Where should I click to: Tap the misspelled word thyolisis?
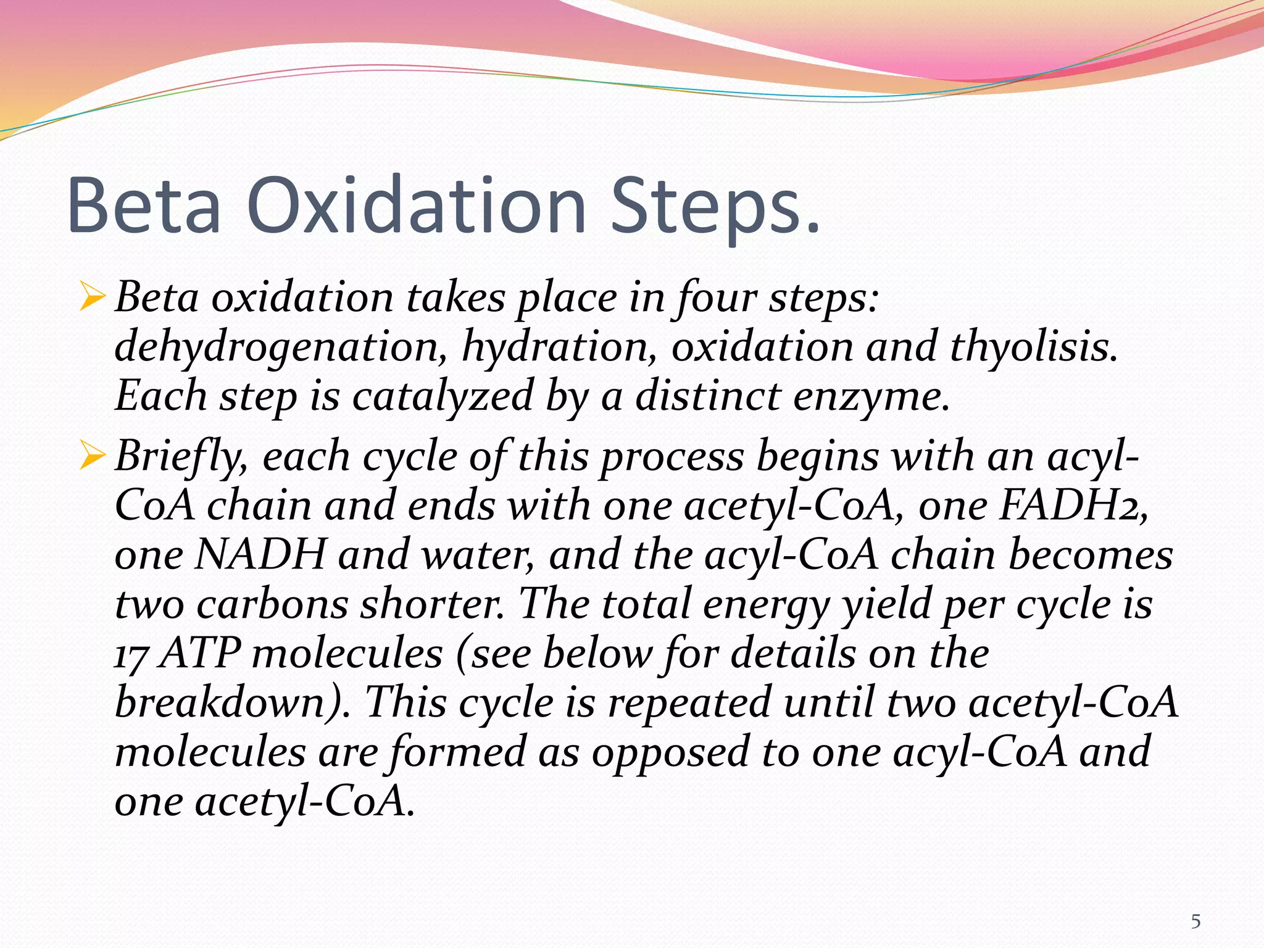click(x=1033, y=347)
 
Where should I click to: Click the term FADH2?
click(x=1073, y=505)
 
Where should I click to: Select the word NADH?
click(x=259, y=554)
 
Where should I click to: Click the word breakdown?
click(x=228, y=702)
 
